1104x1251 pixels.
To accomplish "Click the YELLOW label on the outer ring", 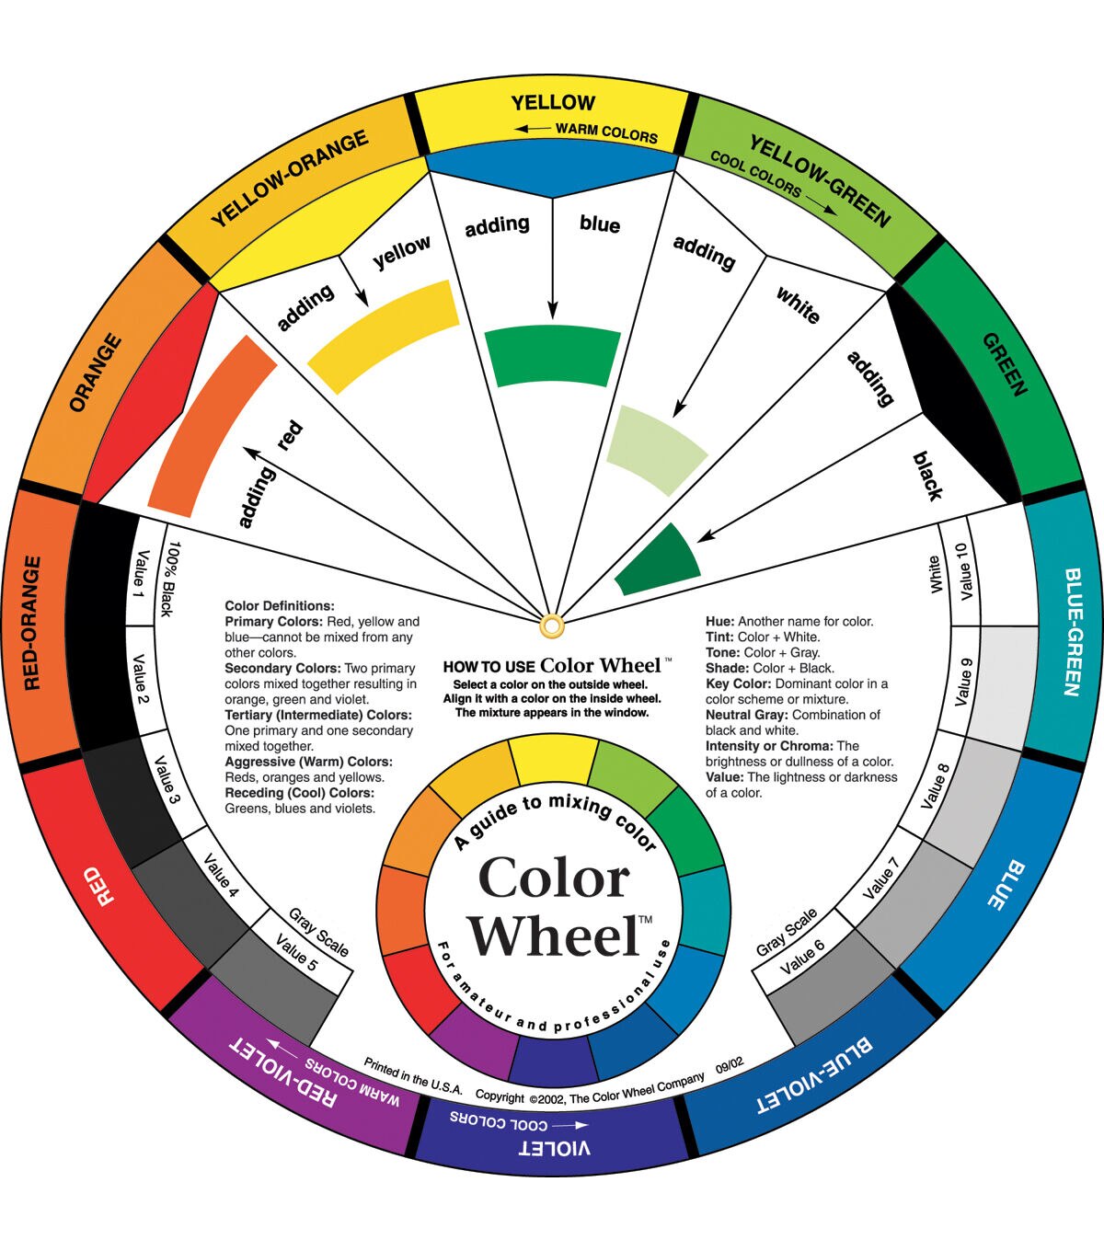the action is pos(553,102).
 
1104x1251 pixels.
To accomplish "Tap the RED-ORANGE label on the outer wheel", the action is pos(32,623).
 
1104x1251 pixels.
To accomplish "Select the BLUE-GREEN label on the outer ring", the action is pos(1075,632).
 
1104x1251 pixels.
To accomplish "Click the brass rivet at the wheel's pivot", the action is pos(552,626).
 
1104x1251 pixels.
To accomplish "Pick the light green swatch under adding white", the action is pos(657,450).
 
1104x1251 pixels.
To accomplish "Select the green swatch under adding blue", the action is pos(552,356).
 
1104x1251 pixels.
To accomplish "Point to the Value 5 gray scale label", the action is pos(296,951).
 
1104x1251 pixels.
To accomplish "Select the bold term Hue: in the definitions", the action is pos(719,621).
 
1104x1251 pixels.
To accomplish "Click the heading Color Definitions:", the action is pos(280,606).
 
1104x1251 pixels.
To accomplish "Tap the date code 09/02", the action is pos(730,1064).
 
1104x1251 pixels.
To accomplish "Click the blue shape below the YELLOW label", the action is pos(552,172).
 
